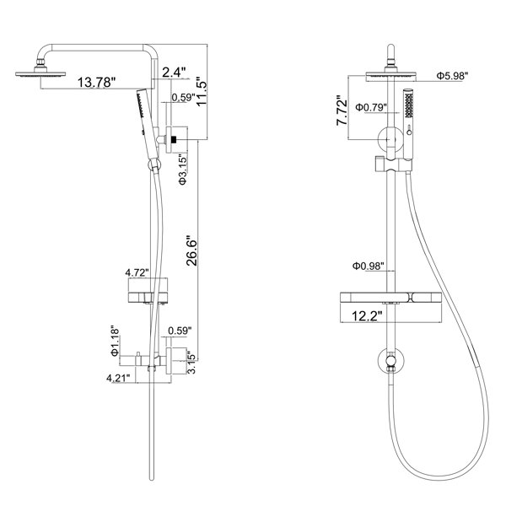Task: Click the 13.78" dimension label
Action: pos(96,82)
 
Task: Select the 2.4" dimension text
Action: pos(174,73)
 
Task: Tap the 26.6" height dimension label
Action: pos(191,253)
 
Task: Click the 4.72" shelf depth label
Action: pos(137,272)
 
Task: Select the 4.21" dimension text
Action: pos(118,378)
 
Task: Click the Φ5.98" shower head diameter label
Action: pos(452,76)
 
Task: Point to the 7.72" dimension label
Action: pos(342,110)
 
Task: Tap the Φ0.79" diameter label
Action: pos(371,107)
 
